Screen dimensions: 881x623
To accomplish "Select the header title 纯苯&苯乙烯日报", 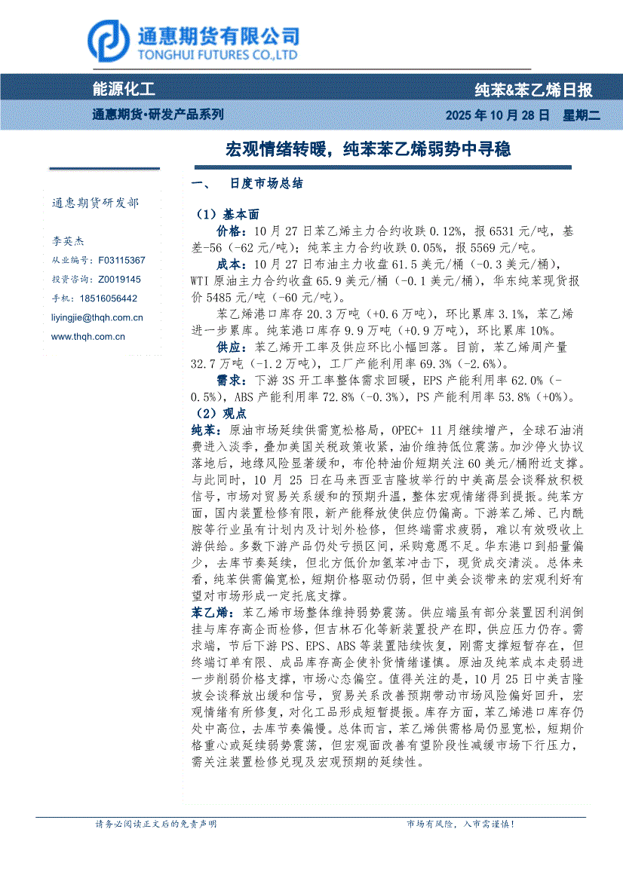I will (x=533, y=90).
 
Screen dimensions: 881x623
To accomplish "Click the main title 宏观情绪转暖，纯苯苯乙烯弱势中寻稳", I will (x=368, y=149).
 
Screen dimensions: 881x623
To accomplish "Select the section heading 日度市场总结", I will (x=266, y=184).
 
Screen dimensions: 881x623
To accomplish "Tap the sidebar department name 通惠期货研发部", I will (x=95, y=203).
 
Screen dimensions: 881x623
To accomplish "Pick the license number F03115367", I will (x=121, y=260).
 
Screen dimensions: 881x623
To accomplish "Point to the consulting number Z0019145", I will (x=119, y=279).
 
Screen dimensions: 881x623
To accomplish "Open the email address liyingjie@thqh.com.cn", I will (x=97, y=318).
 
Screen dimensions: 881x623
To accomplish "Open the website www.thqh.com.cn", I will (x=88, y=337).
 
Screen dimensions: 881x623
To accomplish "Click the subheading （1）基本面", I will (x=227, y=214).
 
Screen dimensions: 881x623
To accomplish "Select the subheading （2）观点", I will (x=221, y=414).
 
